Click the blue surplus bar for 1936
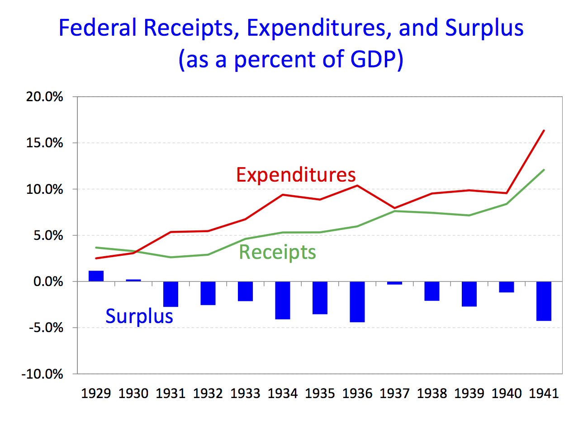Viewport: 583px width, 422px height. tap(357, 301)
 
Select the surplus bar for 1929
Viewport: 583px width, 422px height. tap(96, 276)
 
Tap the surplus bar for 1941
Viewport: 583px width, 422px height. tap(544, 301)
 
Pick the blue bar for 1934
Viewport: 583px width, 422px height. tap(283, 300)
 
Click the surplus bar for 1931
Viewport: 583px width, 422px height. tap(171, 294)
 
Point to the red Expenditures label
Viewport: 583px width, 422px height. tap(296, 175)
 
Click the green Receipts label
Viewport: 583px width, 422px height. tap(277, 252)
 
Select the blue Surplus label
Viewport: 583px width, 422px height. tap(139, 316)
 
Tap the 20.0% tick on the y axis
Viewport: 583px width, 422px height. tap(45, 97)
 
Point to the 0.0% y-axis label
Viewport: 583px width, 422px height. tap(47, 281)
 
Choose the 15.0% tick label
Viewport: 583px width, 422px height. tap(45, 143)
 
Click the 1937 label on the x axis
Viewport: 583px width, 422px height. tap(394, 394)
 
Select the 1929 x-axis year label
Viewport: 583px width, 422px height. tap(96, 394)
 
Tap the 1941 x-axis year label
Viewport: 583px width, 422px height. tap(544, 394)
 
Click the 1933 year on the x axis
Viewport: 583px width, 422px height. tap(245, 394)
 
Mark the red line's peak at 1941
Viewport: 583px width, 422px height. tap(544, 131)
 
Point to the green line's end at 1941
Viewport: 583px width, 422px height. tap(544, 170)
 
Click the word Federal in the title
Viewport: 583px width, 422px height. tap(97, 28)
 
